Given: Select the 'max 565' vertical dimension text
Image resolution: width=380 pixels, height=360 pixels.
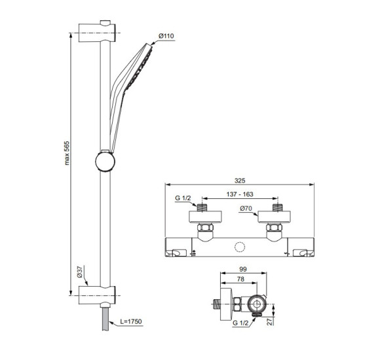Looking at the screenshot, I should tap(67, 164).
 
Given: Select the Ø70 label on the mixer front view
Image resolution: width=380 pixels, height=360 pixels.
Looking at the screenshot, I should tap(246, 209).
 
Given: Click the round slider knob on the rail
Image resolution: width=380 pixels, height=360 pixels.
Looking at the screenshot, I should tap(105, 160).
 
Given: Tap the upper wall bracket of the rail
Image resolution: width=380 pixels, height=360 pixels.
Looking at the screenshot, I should tap(98, 31).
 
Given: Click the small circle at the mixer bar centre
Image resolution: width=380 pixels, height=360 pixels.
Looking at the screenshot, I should tap(238, 247).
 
